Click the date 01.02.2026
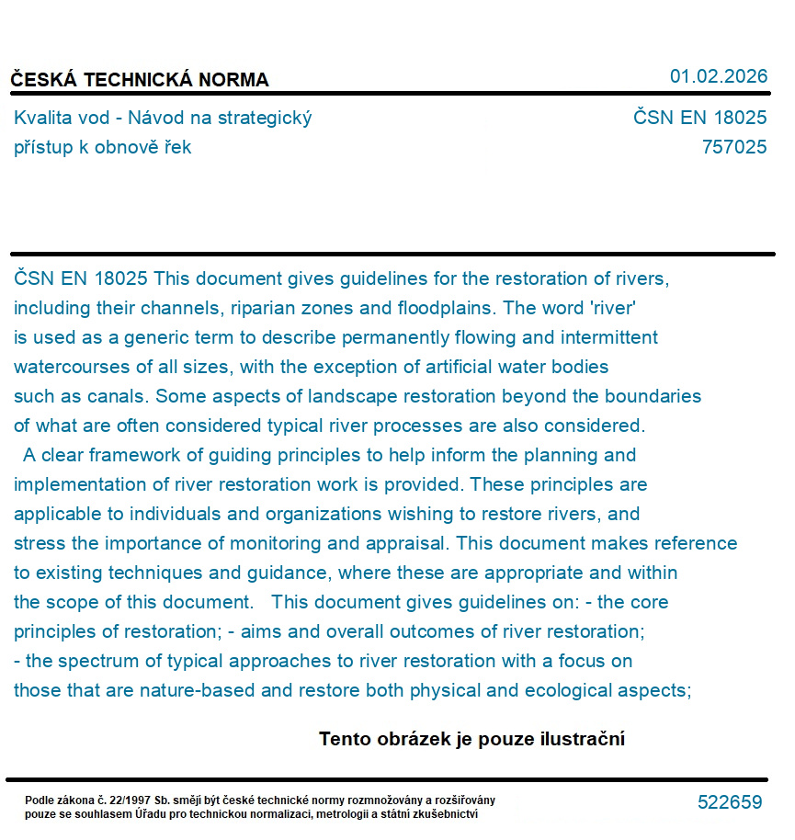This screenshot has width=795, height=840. pyautogui.click(x=718, y=76)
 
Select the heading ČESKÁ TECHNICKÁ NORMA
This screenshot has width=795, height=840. pyautogui.click(x=140, y=80)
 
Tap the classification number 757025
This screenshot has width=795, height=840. pyautogui.click(x=733, y=147)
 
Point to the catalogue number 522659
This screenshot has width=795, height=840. pyautogui.click(x=730, y=802)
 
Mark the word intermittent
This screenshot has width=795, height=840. pyautogui.click(x=607, y=337)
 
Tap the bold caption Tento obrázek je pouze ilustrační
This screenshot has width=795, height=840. pyautogui.click(x=471, y=739)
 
